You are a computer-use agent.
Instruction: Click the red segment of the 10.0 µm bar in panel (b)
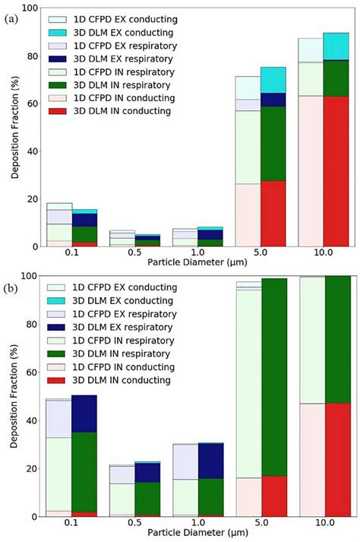point(336,459)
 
